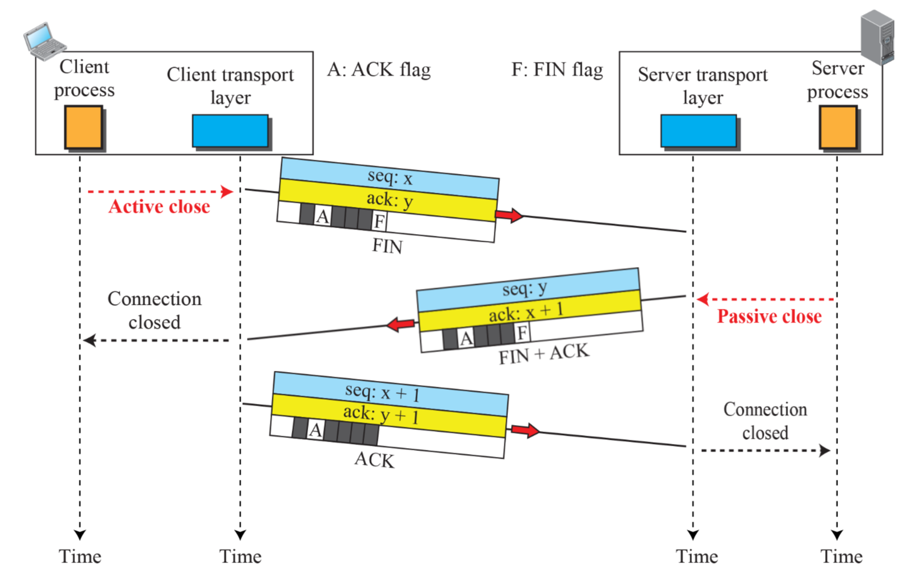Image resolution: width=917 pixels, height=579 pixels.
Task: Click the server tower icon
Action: (x=877, y=37)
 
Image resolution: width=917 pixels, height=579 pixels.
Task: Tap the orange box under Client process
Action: (x=83, y=127)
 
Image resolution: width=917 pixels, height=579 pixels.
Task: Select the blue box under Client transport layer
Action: (x=230, y=130)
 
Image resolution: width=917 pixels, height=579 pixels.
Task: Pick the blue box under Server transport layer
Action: (x=698, y=130)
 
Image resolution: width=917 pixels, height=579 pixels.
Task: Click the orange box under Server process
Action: (x=837, y=127)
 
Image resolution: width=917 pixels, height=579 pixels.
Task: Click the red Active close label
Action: (x=159, y=206)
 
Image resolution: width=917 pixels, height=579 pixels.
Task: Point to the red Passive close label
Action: (x=769, y=317)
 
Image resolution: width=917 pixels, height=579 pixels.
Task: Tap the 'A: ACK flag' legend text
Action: (x=379, y=70)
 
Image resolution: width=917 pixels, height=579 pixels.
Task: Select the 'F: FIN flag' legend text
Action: (x=557, y=70)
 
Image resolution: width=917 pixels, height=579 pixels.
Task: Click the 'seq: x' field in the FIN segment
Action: (x=390, y=177)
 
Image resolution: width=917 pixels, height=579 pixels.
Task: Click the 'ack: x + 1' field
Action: (x=526, y=311)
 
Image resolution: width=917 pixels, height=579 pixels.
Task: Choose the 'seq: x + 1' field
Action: (x=382, y=392)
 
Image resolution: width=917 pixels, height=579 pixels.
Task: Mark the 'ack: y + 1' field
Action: (x=381, y=414)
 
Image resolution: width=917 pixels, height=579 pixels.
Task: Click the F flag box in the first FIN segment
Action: (x=380, y=222)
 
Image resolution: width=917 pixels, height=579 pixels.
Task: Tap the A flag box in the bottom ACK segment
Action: (x=315, y=430)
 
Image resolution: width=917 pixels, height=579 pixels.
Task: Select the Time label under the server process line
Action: (x=841, y=556)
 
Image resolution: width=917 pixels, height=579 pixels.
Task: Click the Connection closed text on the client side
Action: (x=154, y=310)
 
